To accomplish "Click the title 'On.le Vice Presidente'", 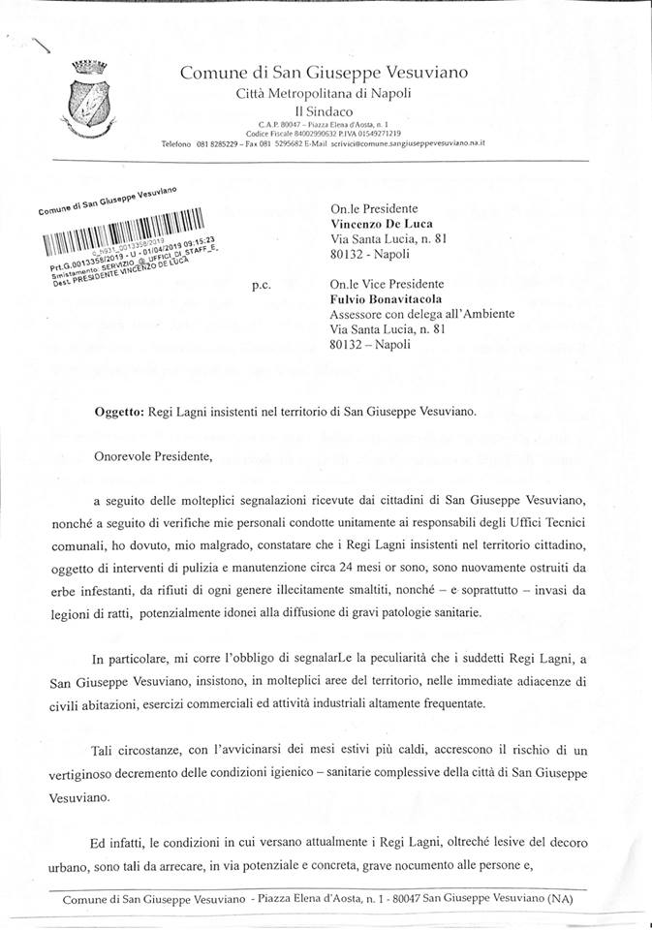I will pos(387,284).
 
